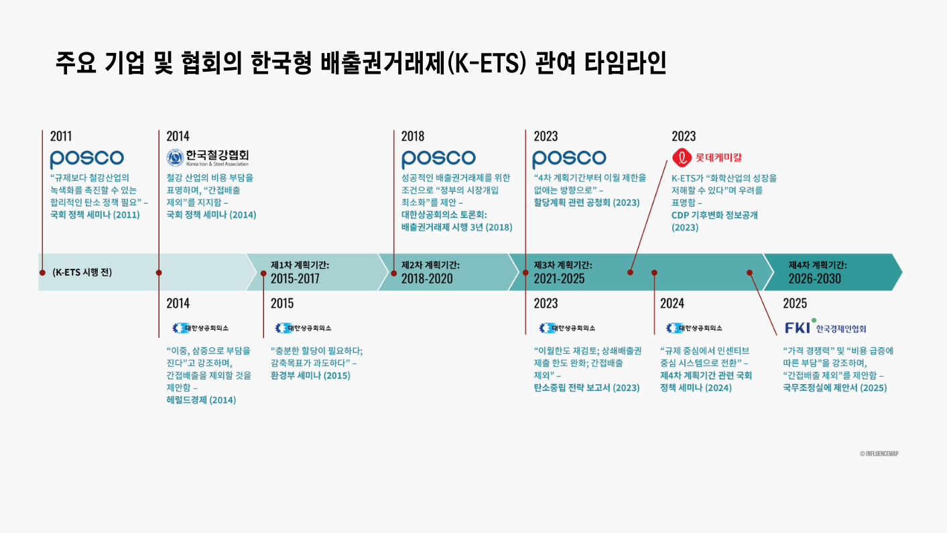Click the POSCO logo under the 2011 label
tap(86, 159)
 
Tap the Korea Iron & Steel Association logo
tap(208, 158)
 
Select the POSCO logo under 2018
tap(438, 159)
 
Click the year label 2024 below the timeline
tap(672, 303)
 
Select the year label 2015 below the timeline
tap(282, 303)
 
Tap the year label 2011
tap(61, 136)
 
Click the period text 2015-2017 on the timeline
tap(295, 279)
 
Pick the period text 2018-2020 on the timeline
tap(427, 279)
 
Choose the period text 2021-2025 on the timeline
tap(559, 279)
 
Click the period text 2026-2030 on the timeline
tap(815, 279)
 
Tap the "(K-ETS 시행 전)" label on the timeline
tap(82, 272)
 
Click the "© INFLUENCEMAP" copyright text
tap(879, 453)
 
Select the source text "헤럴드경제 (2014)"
tap(201, 400)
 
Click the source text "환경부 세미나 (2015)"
tap(310, 375)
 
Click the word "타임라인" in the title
tap(625, 63)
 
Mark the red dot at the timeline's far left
tap(42, 273)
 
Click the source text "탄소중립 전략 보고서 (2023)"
tap(586, 388)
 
